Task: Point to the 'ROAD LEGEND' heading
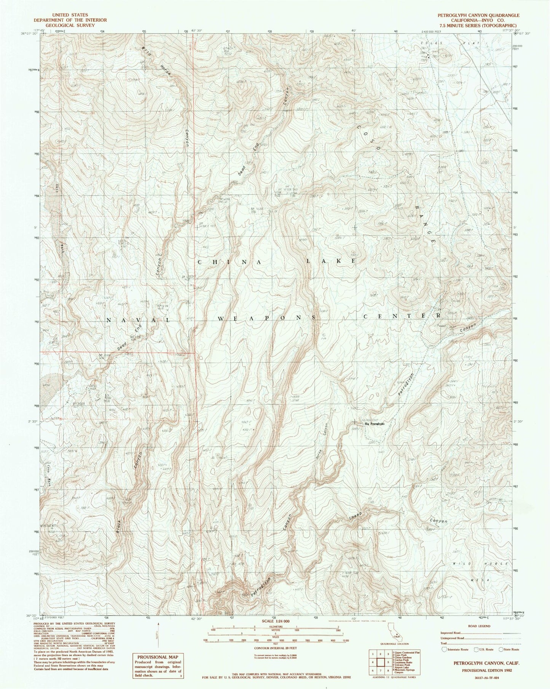tap(480, 626)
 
